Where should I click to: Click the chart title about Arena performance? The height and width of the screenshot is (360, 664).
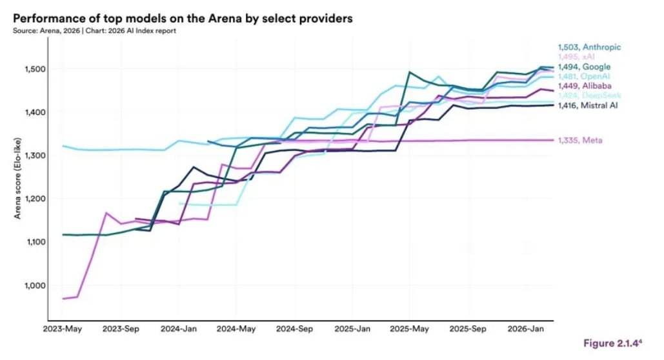click(x=183, y=19)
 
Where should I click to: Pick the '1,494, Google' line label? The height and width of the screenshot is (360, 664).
click(x=584, y=67)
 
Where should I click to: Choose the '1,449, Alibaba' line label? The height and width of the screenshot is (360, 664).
click(x=585, y=86)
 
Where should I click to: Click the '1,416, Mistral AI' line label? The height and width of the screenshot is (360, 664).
click(x=588, y=105)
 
